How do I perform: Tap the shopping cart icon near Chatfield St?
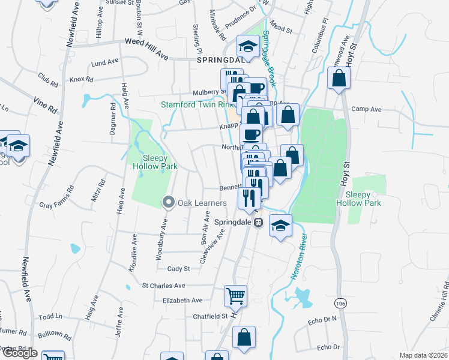coord(235,295)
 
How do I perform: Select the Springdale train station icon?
coord(259,221)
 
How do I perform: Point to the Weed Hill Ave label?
coord(146,42)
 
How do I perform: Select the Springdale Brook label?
coord(267,57)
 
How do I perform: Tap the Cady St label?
coord(178,269)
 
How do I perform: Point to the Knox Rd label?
coord(82,79)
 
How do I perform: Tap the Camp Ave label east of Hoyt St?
coord(366,109)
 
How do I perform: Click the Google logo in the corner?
coord(20,353)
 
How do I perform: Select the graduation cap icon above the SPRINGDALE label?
coord(247,46)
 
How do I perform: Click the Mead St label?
coord(280,28)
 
